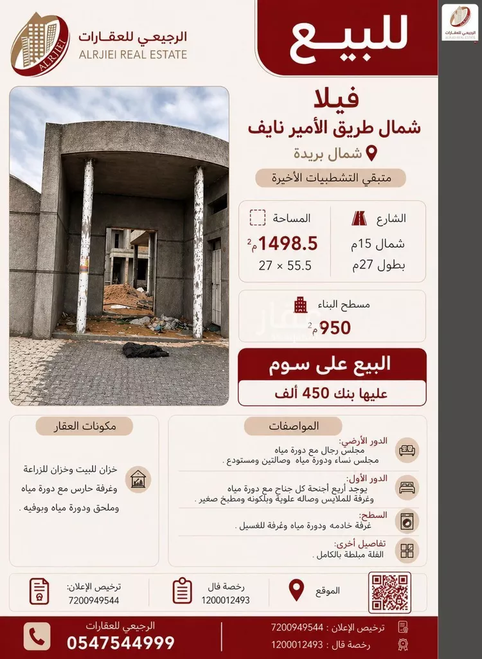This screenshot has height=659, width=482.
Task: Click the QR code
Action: coord(389,592)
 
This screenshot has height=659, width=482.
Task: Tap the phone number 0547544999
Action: coord(121,642)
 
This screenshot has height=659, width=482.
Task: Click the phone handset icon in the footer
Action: coord(37,636)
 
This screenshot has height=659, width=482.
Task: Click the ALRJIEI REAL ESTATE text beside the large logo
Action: coord(133,55)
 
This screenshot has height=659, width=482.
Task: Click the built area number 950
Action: coord(335,328)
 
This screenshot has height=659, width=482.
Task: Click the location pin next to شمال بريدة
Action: coord(371,154)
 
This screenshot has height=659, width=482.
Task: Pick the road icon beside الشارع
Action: coord(359,219)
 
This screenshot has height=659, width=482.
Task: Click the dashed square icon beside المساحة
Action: coord(257,218)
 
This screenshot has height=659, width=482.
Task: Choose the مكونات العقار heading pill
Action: coord(84,426)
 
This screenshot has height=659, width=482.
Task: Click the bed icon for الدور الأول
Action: coord(407,487)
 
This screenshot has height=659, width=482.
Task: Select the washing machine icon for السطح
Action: coord(407,520)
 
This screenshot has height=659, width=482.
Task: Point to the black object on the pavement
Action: coord(145,350)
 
